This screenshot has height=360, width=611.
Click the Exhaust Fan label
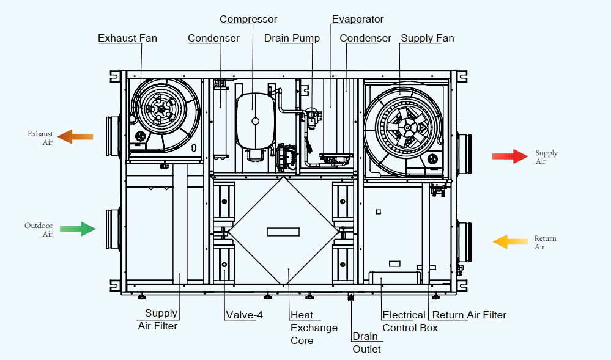(x=127, y=39)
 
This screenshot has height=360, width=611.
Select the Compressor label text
(x=248, y=20)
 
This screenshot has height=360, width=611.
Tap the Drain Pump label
(x=292, y=39)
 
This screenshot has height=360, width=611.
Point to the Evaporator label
(x=358, y=20)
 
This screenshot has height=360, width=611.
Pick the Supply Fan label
(x=427, y=39)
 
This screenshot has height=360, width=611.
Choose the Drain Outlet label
(x=366, y=343)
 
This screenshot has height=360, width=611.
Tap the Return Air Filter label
(x=468, y=315)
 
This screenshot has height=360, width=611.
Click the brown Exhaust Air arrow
(x=76, y=136)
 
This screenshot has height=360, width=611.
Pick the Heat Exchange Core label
(x=313, y=328)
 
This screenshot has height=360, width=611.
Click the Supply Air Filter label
(x=158, y=320)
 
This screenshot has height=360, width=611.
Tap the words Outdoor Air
(x=39, y=230)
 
